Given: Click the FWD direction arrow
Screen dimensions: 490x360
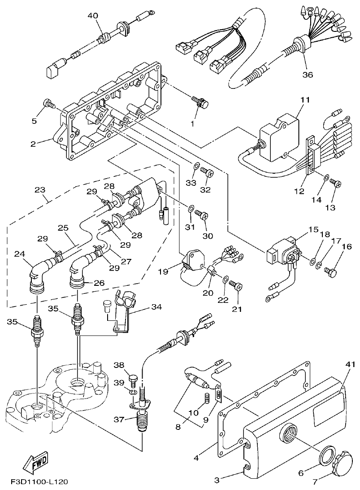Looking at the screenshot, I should tap(35, 463).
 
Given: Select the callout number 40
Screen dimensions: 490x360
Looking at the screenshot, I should tap(93, 16).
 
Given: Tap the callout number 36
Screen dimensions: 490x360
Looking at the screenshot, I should tap(307, 74).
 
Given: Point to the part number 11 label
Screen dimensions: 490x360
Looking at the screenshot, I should tap(305, 101).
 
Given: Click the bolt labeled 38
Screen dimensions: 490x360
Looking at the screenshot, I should tap(132, 380).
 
